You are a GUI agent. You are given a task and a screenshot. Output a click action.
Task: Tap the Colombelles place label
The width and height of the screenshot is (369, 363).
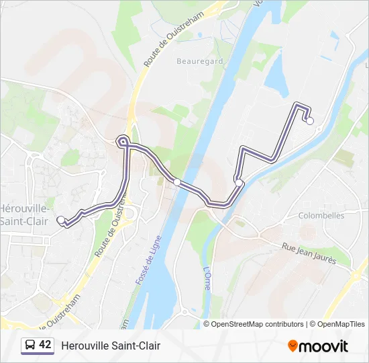322,216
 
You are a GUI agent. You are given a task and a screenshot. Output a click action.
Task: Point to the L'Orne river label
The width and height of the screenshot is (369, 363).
207,278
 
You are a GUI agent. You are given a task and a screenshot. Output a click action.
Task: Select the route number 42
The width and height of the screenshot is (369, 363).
45,346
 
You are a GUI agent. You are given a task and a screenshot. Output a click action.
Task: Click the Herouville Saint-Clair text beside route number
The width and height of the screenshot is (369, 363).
111,346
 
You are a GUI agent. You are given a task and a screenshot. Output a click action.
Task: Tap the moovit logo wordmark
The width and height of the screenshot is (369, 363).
324,346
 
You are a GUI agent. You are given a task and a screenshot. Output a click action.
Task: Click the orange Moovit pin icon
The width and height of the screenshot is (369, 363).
293,346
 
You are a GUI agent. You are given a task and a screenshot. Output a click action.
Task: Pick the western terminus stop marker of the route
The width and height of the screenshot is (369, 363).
61,220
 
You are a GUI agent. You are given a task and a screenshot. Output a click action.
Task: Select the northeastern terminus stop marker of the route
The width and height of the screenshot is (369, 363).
310,121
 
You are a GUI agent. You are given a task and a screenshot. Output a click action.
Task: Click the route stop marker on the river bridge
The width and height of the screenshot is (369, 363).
177,182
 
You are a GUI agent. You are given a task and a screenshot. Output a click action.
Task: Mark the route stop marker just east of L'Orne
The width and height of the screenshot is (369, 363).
239,182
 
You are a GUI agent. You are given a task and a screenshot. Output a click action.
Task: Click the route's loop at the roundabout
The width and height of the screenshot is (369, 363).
123,141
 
